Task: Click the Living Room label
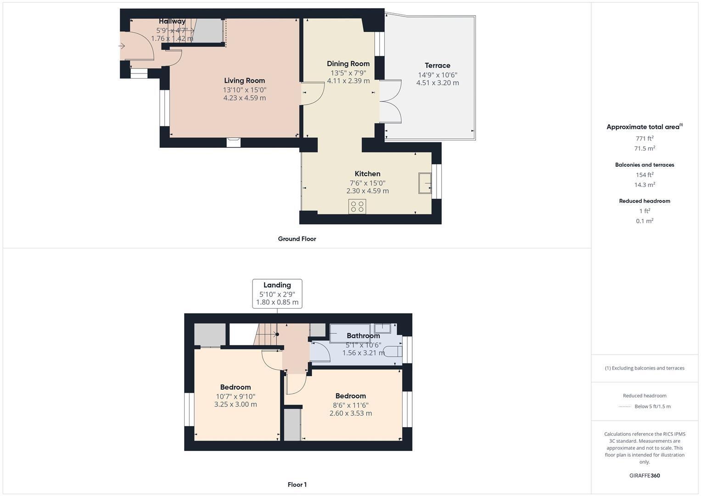tap(244, 81)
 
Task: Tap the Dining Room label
tap(348, 64)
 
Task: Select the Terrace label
tap(437, 66)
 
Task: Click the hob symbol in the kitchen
tap(357, 207)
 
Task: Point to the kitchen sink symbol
tap(425, 183)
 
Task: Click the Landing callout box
tap(277, 293)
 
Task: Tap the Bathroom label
tap(363, 336)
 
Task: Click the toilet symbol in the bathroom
tap(393, 351)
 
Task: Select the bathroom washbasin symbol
tap(382, 328)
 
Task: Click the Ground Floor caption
tap(297, 239)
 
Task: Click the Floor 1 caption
tap(297, 485)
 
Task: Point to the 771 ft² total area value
tap(645, 138)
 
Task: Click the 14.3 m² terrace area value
tap(645, 185)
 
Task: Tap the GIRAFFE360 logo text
tap(645, 475)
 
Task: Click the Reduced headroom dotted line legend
tap(624, 406)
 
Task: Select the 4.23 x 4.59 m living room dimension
tap(244, 98)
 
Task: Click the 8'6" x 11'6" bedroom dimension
tap(351, 405)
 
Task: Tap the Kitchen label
tap(367, 174)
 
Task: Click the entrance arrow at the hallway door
tap(122, 46)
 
